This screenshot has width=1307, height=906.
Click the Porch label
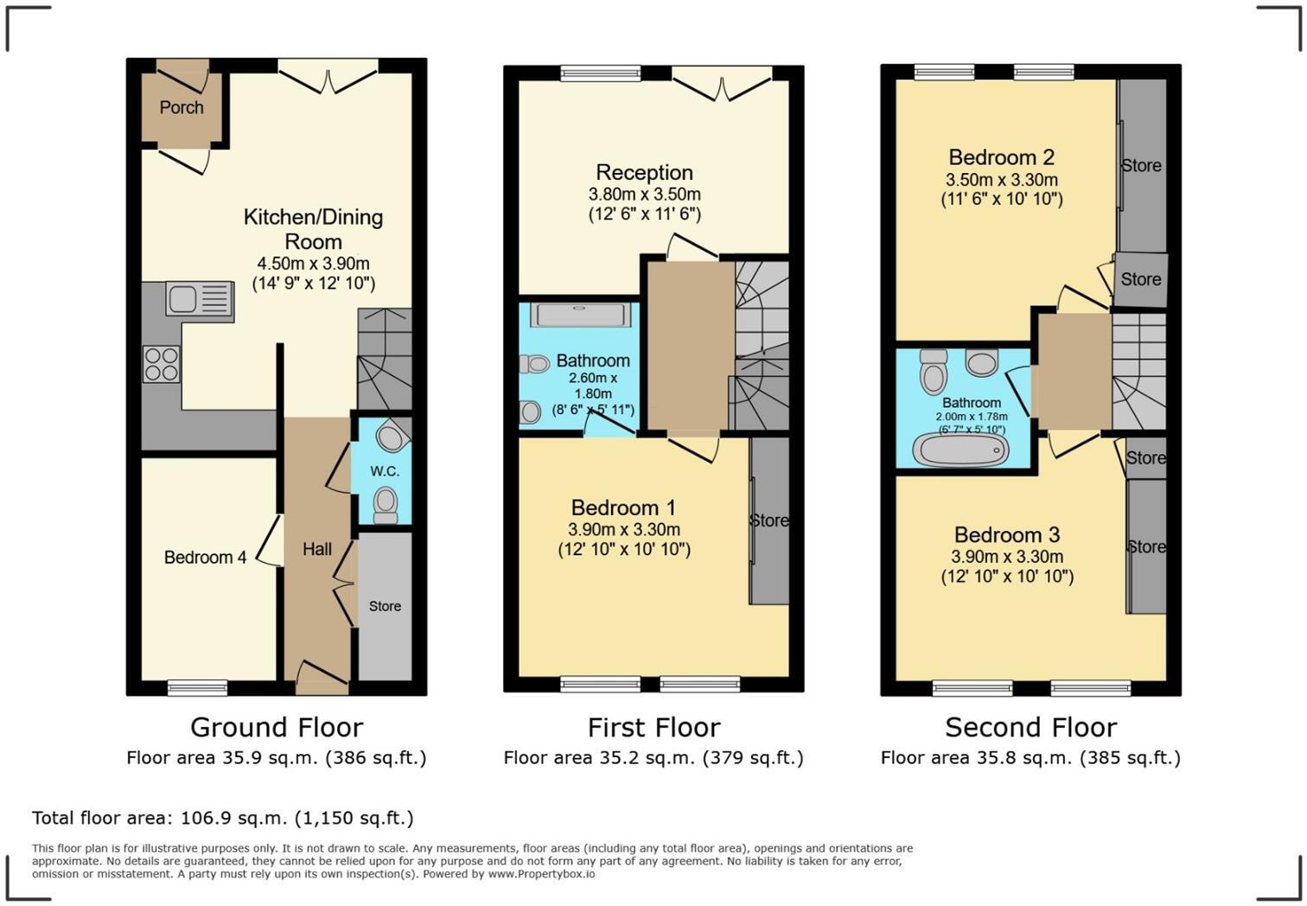182,108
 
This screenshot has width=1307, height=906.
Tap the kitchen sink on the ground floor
200,300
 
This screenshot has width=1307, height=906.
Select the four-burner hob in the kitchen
161,364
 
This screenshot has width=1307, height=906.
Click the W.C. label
385,471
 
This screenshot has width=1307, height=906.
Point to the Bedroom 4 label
205,558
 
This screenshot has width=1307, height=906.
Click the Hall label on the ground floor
317,549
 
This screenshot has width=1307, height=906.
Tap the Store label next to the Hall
385,606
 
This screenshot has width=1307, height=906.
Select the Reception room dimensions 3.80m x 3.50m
644,195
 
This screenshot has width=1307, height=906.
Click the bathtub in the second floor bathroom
960,450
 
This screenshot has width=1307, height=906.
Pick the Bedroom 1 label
623,507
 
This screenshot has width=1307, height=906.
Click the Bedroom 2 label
1001,157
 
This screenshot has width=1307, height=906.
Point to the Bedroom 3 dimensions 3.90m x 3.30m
1007,558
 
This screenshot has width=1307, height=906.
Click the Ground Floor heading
277,727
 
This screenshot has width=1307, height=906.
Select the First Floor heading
653,727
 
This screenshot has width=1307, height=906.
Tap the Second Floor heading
1030,727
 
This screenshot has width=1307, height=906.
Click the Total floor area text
223,818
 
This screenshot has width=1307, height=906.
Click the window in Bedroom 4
197,687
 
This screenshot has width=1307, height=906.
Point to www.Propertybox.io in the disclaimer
541,874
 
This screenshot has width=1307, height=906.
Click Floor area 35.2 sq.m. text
653,758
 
